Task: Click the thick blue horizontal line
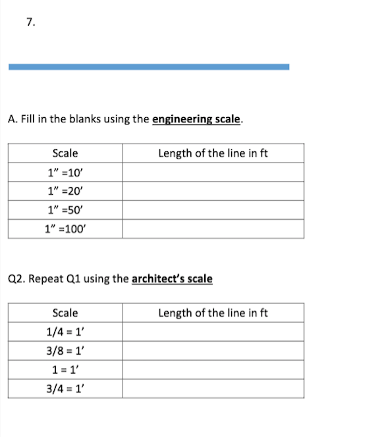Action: [x=149, y=66]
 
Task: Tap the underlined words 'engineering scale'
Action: [x=197, y=120]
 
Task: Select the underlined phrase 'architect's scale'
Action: [x=172, y=278]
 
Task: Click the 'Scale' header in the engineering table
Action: [x=65, y=153]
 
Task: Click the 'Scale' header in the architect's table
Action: [x=65, y=313]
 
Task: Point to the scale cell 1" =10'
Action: [x=65, y=172]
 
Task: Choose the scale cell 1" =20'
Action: [x=65, y=192]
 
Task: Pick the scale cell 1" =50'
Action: [x=65, y=211]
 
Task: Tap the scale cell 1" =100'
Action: [x=65, y=230]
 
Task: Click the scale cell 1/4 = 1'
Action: [x=65, y=332]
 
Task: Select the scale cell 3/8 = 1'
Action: [x=65, y=351]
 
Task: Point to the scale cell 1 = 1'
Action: [x=65, y=370]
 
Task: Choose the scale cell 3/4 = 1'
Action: [x=65, y=389]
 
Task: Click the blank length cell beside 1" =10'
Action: [x=213, y=172]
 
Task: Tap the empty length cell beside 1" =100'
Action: [x=213, y=230]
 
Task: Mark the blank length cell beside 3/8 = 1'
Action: [x=213, y=351]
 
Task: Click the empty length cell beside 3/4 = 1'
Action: [x=213, y=389]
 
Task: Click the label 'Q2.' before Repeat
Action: [x=16, y=278]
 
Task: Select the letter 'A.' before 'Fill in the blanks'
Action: [x=13, y=120]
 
